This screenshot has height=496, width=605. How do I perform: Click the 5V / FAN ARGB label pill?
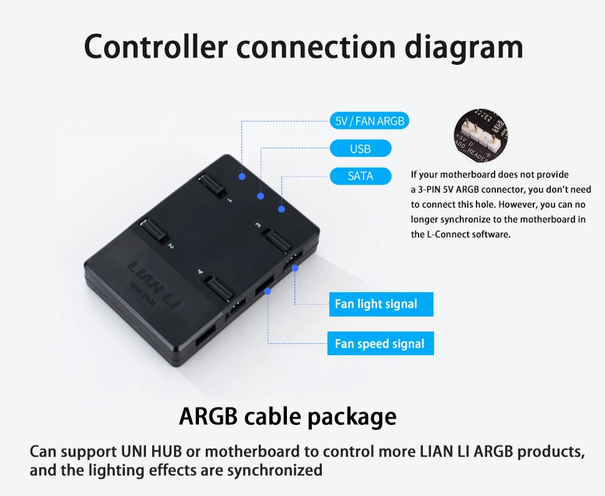point(369,121)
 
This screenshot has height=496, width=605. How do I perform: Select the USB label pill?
point(361,148)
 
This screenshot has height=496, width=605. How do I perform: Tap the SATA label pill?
point(361,176)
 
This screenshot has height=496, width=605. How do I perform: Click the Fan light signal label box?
point(380,304)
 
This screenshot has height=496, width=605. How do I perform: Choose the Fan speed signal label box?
point(380,343)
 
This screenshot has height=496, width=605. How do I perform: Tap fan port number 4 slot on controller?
point(219,288)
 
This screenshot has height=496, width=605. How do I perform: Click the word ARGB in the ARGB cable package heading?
point(208,416)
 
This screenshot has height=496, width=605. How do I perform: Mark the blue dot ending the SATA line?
point(282,209)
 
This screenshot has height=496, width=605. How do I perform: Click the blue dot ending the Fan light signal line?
point(295,269)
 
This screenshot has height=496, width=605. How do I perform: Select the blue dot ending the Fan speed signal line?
point(268,290)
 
